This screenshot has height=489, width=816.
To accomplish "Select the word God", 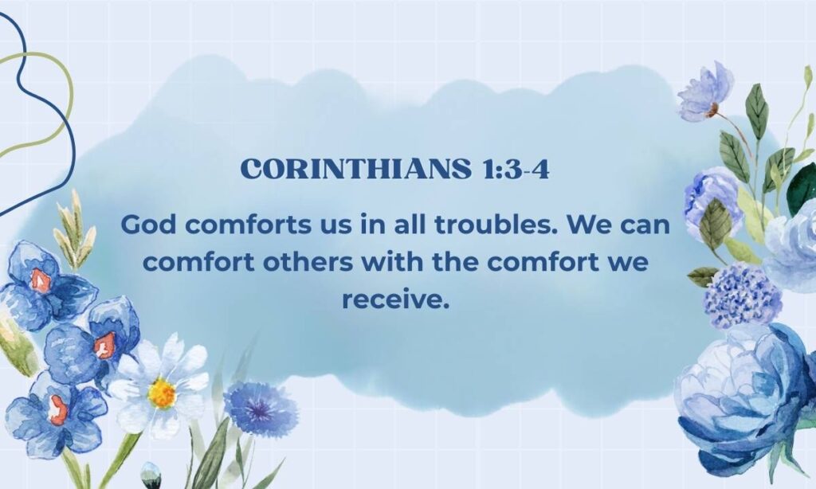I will (x=146, y=225).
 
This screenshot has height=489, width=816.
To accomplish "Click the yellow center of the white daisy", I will (x=162, y=393).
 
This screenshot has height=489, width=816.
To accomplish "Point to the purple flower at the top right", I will (x=706, y=92).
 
